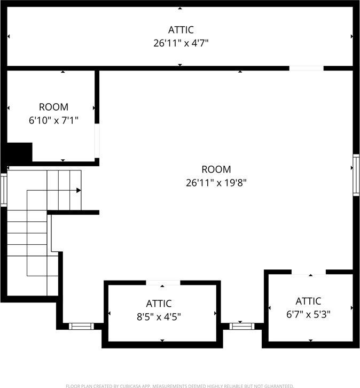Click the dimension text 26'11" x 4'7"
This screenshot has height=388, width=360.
point(180,43)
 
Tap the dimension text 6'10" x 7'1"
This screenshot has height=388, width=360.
point(53,120)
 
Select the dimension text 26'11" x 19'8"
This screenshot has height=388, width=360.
point(216,183)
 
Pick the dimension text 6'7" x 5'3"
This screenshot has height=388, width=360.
point(308,314)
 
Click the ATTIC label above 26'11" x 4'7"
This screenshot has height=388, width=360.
point(181,29)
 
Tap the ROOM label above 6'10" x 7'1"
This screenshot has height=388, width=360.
point(53,107)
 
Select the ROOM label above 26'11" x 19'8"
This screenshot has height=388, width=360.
point(216,169)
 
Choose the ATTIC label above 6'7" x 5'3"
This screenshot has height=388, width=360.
point(308,301)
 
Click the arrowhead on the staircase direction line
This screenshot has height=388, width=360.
point(79,190)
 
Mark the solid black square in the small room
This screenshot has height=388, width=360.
point(20,152)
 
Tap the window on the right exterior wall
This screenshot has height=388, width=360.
point(356,175)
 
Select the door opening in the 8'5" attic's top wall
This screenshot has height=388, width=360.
point(162,283)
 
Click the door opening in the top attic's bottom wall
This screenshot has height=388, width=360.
point(307,68)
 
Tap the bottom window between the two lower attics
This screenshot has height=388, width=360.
point(240,325)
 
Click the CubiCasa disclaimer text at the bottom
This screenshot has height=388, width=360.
point(180,385)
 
